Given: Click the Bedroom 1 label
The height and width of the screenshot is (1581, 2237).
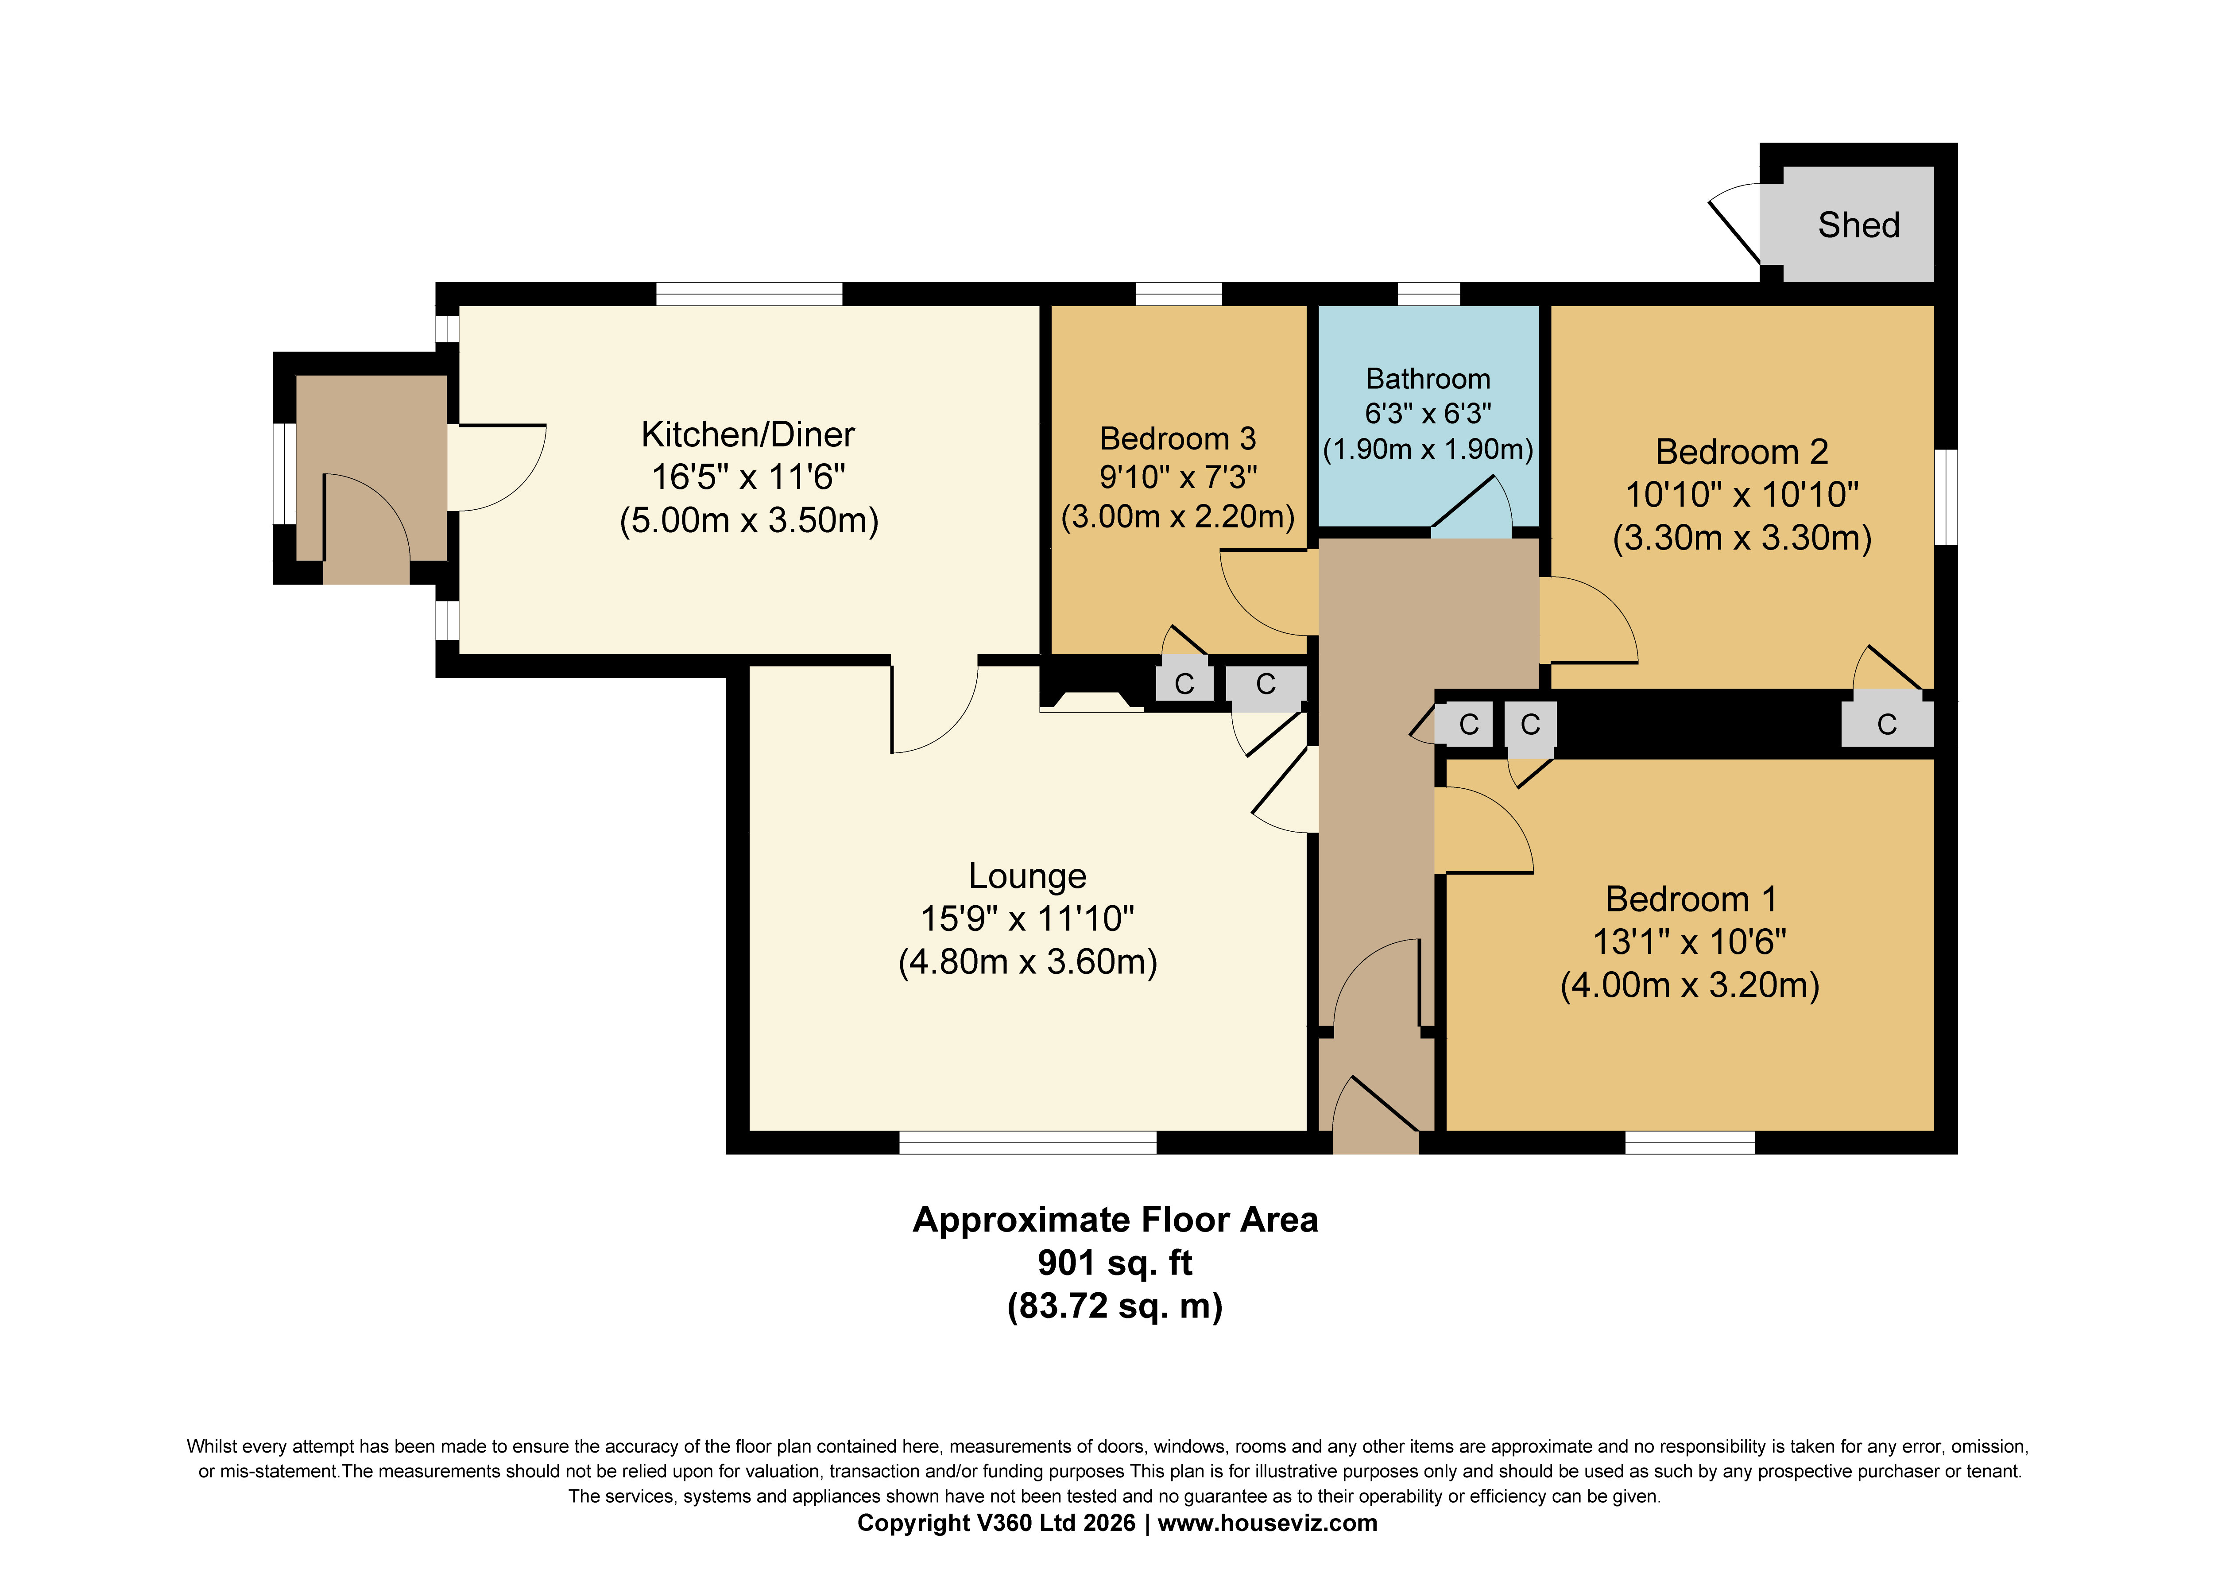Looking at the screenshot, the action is click(x=1691, y=899).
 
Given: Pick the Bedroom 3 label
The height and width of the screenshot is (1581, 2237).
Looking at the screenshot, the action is click(x=1178, y=438).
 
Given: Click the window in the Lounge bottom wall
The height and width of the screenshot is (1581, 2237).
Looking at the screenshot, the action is click(x=1028, y=1143).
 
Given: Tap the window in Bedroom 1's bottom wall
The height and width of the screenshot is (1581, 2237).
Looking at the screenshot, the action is click(x=1691, y=1143).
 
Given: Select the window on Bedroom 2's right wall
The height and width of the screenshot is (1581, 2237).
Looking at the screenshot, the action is click(x=1946, y=497).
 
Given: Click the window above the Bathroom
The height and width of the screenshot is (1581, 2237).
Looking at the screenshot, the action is click(x=1428, y=293).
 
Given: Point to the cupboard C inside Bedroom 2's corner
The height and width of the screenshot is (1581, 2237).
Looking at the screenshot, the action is click(x=1887, y=723).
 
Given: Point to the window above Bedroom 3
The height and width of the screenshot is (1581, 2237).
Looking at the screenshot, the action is click(x=1179, y=293).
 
